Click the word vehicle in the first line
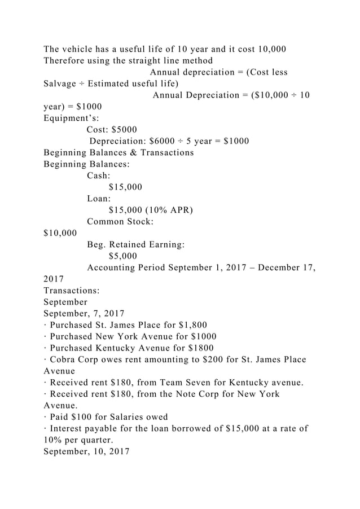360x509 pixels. pos(80,49)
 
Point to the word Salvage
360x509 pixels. pos(62,84)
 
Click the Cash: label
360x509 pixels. pos(99,176)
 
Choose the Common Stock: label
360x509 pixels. pos(120,222)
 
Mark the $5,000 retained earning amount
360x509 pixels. pos(122,256)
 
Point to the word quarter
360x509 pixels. pos(87,441)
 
